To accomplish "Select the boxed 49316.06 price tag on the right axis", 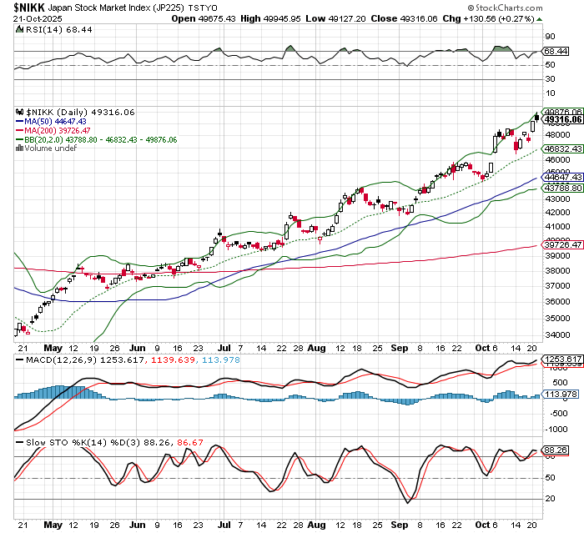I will click(563, 119).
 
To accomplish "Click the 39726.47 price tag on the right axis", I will click(563, 245).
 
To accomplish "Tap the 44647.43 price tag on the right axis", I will click(563, 177).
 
